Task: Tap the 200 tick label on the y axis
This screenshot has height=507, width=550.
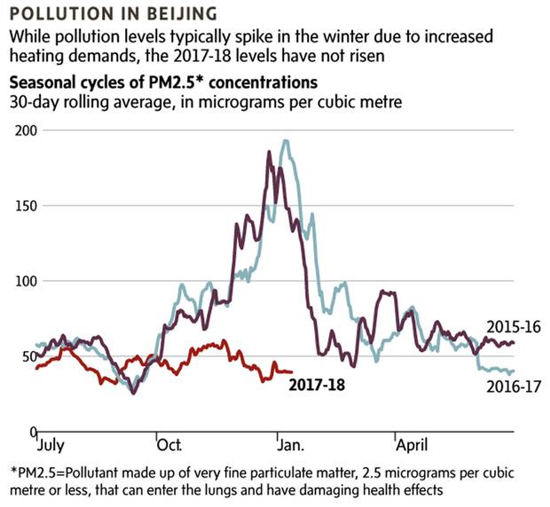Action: (x=27, y=130)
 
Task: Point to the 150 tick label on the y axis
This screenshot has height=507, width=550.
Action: (x=27, y=206)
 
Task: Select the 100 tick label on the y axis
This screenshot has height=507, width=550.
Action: (x=27, y=281)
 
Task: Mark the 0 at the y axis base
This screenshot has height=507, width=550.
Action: (x=32, y=432)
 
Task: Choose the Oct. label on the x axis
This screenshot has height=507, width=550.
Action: (x=169, y=441)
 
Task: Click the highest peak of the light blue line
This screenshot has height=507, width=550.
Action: (x=285, y=140)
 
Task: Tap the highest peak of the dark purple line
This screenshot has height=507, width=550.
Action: (x=269, y=152)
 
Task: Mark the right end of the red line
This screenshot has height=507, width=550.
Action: (x=293, y=372)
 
